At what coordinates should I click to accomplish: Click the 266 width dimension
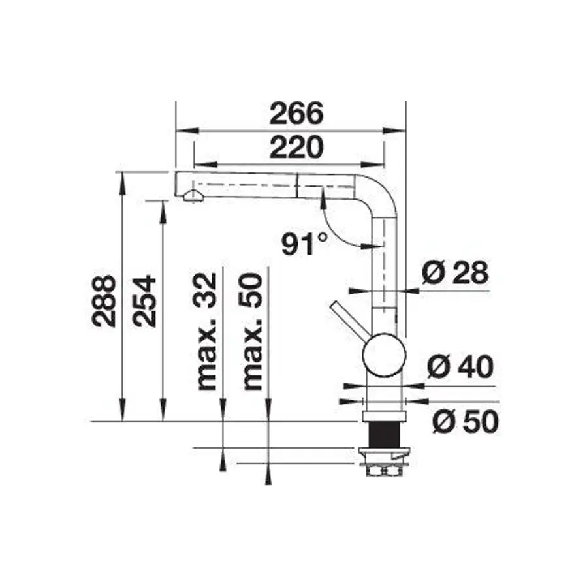click(x=297, y=114)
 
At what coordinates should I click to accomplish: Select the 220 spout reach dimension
click(x=297, y=148)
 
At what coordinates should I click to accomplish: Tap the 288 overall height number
click(x=104, y=300)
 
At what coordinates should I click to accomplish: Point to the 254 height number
click(x=144, y=300)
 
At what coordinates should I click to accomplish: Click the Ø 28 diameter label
click(x=454, y=272)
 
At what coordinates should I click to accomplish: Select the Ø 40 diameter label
click(x=460, y=368)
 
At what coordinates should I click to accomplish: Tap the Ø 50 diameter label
click(x=465, y=422)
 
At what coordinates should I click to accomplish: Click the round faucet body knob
click(x=384, y=355)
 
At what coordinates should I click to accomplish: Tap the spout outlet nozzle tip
click(x=191, y=197)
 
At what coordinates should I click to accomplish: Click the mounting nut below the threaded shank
click(x=384, y=469)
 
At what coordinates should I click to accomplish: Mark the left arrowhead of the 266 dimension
click(x=183, y=129)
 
